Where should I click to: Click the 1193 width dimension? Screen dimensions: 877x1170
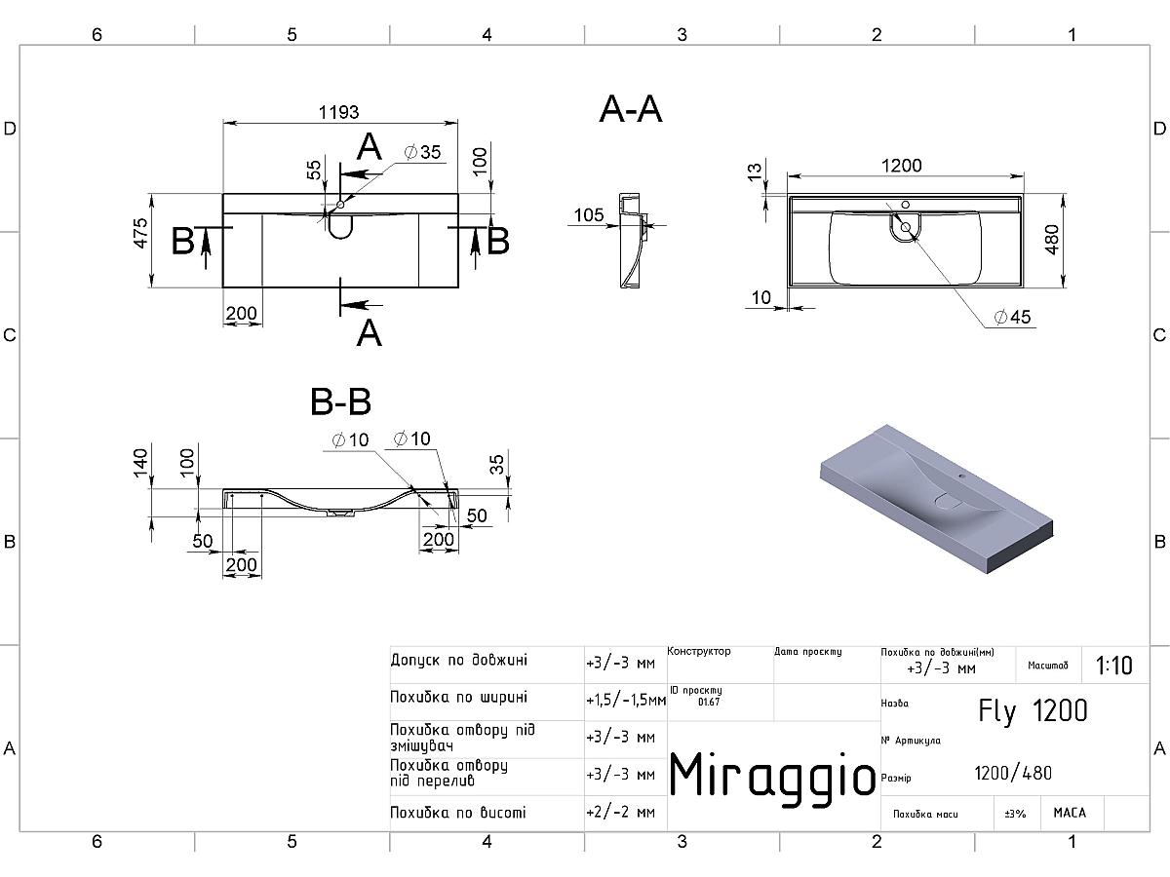click(340, 111)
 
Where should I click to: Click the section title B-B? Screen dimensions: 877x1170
click(340, 400)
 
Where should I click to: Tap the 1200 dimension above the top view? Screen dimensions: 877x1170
click(901, 166)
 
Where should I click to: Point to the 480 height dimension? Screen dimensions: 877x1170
click(1052, 240)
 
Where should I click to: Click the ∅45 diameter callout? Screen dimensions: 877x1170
click(1012, 318)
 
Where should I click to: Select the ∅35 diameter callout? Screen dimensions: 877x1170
click(421, 152)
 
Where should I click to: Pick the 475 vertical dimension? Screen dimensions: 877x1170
click(140, 234)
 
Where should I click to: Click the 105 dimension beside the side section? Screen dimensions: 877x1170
click(589, 215)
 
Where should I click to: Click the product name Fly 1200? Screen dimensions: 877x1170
click(1033, 711)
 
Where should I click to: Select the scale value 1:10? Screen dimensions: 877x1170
click(1113, 666)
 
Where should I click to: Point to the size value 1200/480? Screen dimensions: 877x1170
click(1013, 774)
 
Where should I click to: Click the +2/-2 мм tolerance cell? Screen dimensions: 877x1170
click(621, 812)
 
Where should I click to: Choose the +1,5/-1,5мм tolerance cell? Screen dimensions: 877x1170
click(626, 700)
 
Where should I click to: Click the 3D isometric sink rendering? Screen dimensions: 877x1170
click(936, 493)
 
